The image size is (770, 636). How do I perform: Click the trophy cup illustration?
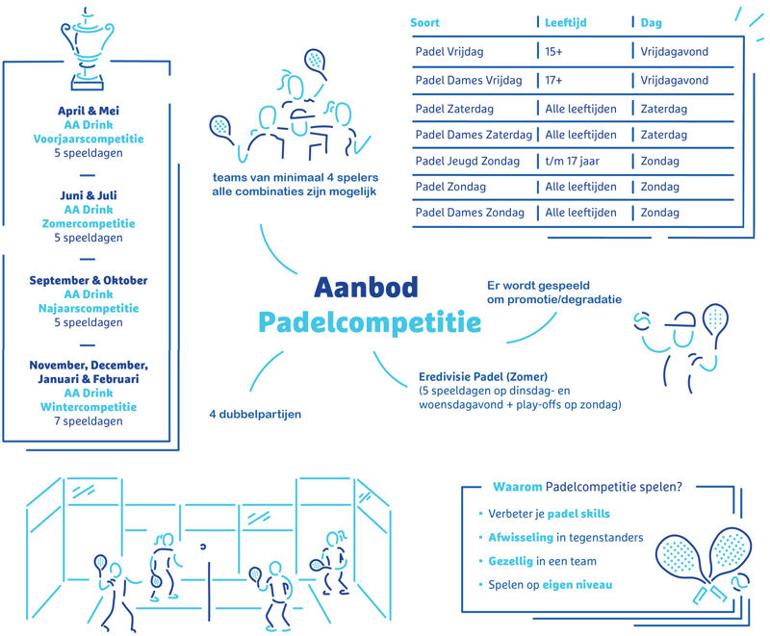pyautogui.click(x=88, y=49)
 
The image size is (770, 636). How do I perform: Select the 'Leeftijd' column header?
pyautogui.click(x=565, y=22)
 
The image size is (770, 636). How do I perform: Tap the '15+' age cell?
pyautogui.click(x=553, y=52)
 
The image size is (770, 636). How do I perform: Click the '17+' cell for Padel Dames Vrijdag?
pyautogui.click(x=553, y=80)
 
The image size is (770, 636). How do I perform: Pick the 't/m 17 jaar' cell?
pyautogui.click(x=572, y=161)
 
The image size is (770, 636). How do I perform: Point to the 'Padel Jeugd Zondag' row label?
pyautogui.click(x=467, y=161)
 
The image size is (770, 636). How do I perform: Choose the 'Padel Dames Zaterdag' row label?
pyautogui.click(x=474, y=135)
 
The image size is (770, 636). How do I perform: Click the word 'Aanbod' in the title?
pyautogui.click(x=366, y=287)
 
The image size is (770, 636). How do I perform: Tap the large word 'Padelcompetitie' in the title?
pyautogui.click(x=370, y=323)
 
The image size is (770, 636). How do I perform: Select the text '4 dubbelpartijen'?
pyautogui.click(x=255, y=414)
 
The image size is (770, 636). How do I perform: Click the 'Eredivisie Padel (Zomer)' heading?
pyautogui.click(x=483, y=377)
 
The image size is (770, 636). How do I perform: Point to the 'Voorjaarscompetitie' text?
pyautogui.click(x=89, y=139)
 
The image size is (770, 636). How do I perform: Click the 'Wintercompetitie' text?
pyautogui.click(x=89, y=407)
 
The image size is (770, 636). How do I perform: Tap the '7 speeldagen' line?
pyautogui.click(x=89, y=421)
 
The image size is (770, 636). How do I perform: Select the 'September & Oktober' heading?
pyautogui.click(x=89, y=280)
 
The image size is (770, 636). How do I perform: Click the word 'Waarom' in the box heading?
pyautogui.click(x=518, y=487)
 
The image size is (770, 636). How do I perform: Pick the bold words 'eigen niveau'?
pyautogui.click(x=577, y=585)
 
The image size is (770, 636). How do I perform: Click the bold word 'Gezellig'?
pyautogui.click(x=511, y=561)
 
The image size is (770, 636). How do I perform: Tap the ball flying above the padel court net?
pyautogui.click(x=203, y=547)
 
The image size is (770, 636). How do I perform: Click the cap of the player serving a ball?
pyautogui.click(x=681, y=321)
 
